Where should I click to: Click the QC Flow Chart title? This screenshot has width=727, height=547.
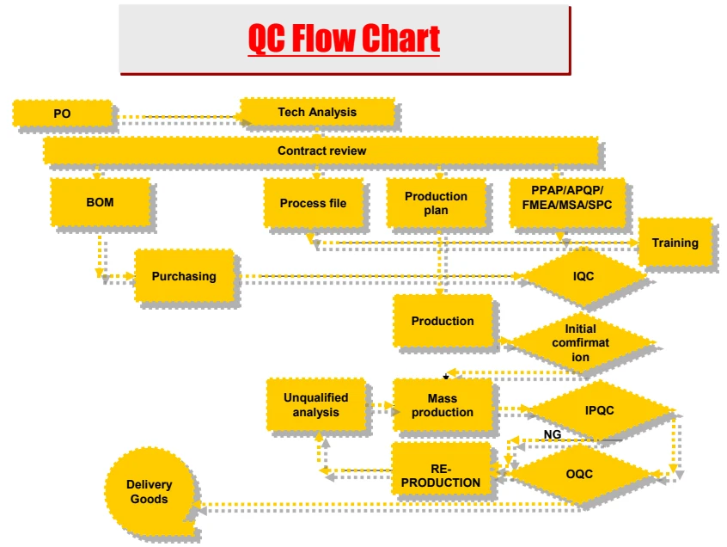click(344, 38)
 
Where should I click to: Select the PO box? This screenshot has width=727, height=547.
click(62, 114)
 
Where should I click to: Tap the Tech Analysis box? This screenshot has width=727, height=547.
click(317, 112)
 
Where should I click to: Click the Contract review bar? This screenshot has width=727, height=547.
click(321, 151)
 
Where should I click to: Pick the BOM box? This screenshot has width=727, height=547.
click(101, 202)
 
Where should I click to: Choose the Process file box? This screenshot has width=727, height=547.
click(313, 203)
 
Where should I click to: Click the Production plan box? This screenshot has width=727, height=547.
click(436, 203)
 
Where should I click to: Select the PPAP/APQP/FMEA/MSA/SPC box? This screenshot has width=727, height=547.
click(567, 202)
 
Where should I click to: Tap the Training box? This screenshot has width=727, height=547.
click(675, 243)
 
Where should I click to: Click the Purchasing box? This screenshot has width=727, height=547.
click(184, 276)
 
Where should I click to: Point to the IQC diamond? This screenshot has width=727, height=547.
click(583, 276)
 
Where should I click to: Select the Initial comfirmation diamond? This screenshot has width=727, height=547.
click(581, 342)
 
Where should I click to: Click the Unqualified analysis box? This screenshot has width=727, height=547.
click(315, 404)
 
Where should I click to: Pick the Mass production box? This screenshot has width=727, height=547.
click(443, 405)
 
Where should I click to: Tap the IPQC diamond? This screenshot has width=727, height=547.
click(600, 410)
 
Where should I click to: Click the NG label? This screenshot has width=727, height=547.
click(553, 434)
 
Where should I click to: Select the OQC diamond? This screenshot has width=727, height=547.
click(579, 474)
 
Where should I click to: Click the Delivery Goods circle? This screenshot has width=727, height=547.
click(150, 491)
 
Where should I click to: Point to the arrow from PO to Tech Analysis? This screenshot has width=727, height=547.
click(176, 116)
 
